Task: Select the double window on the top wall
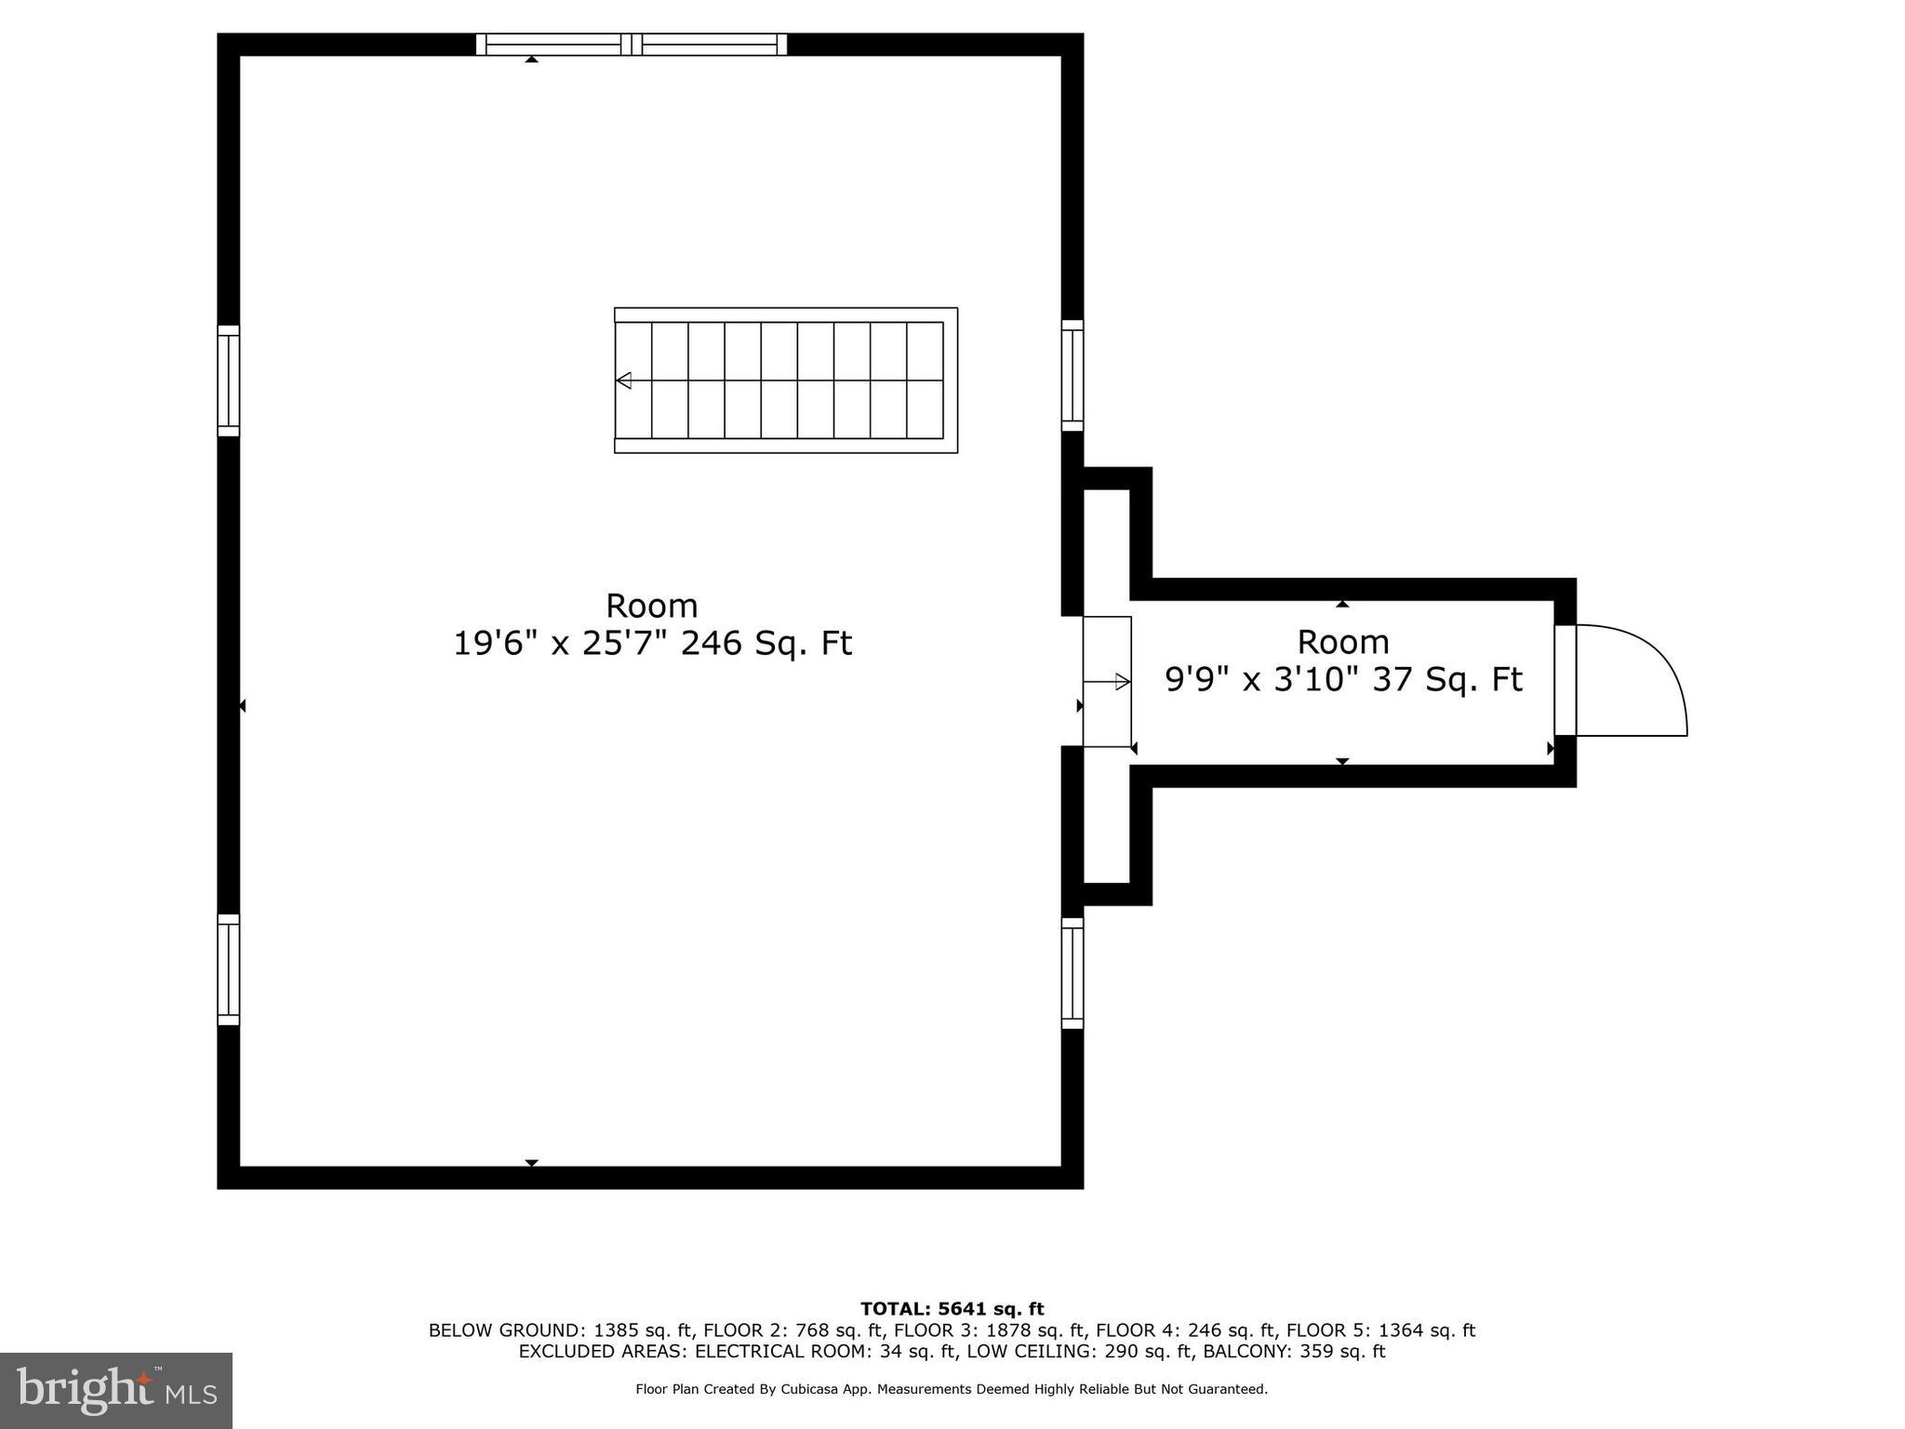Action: [632, 44]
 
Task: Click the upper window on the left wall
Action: [228, 381]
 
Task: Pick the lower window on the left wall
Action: [228, 969]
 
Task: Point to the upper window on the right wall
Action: [1072, 376]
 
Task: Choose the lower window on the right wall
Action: [1072, 973]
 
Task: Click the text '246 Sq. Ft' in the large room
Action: [766, 644]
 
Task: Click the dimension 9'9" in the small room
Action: [1198, 680]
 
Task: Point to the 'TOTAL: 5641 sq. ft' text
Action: [952, 1309]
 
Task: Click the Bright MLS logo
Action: [116, 1390]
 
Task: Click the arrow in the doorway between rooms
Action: [1123, 682]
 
